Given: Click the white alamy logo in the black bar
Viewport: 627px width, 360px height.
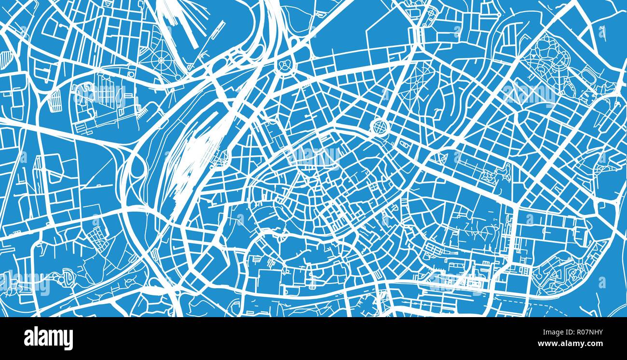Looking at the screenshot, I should [x=48, y=338].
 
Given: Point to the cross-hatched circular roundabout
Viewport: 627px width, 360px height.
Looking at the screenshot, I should [x=380, y=127].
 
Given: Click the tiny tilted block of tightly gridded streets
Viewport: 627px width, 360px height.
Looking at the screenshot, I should [x=95, y=236].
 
